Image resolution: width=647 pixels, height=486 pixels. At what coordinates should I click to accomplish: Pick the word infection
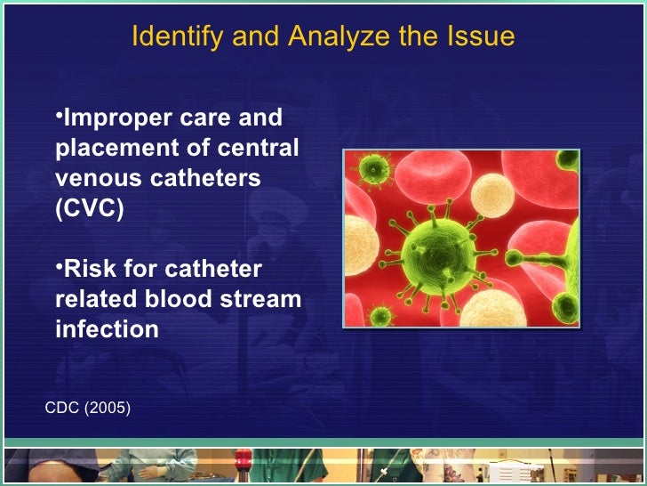point(107,329)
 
